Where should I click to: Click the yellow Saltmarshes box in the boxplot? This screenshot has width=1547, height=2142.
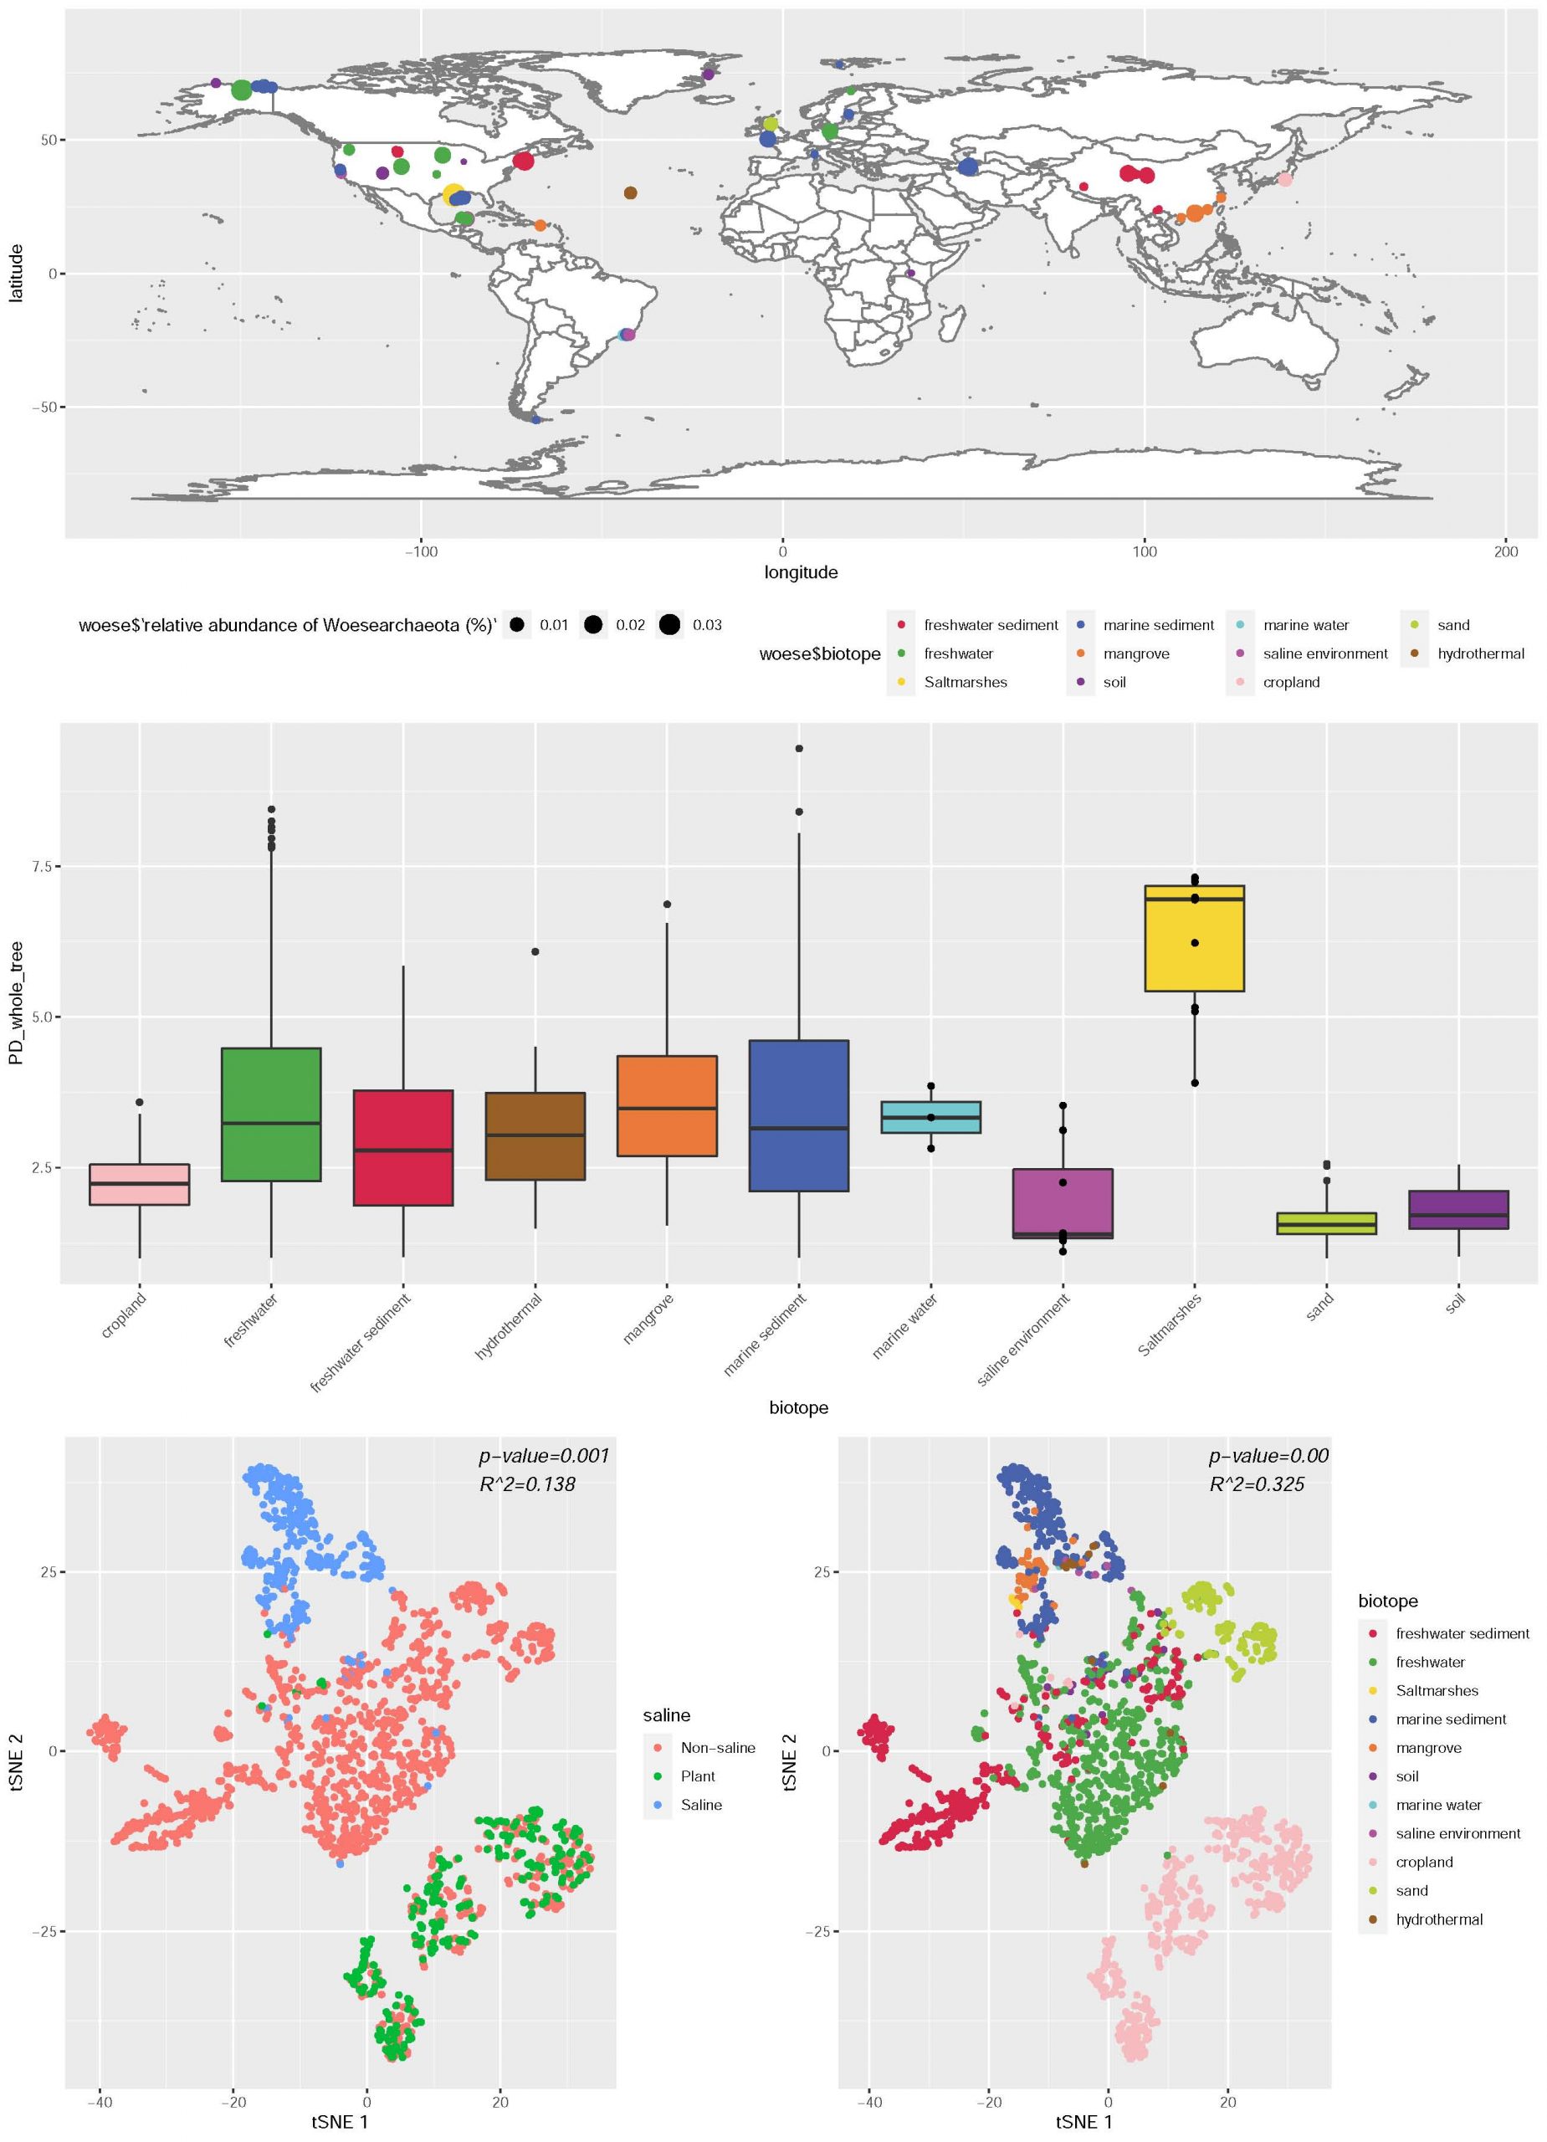click(1194, 938)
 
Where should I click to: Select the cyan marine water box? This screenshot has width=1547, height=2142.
click(930, 1116)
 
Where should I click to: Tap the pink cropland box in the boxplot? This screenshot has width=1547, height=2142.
click(139, 1184)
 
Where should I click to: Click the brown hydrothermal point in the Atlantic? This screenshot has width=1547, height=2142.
click(630, 192)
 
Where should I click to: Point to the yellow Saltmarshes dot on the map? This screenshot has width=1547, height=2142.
click(453, 195)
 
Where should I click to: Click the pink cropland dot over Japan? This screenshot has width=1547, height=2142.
click(1284, 179)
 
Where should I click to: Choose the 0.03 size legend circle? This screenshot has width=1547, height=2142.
click(669, 624)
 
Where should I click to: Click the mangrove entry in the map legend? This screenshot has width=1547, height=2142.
click(1136, 653)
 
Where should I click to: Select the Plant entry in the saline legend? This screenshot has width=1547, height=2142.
click(697, 1776)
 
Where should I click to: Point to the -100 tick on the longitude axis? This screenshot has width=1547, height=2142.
click(420, 551)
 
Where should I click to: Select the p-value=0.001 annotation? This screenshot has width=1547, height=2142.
click(544, 1455)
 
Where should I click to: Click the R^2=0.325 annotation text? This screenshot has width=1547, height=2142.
click(1256, 1484)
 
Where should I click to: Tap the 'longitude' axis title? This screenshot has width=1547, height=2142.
click(800, 572)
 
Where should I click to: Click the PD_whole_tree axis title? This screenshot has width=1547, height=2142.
click(16, 1003)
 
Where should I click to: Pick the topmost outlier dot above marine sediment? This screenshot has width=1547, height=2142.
click(799, 748)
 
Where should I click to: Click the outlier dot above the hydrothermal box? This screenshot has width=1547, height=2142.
click(535, 951)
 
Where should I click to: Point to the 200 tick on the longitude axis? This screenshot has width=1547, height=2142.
click(1505, 551)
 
